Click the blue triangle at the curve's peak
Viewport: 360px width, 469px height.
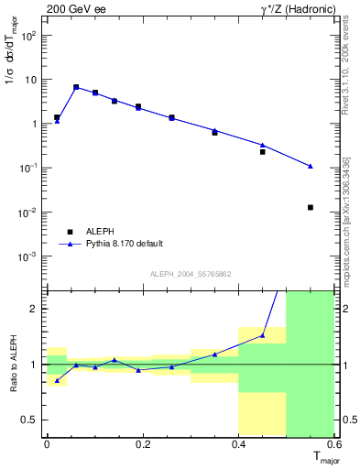76,87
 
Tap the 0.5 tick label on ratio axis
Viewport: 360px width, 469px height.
31,420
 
